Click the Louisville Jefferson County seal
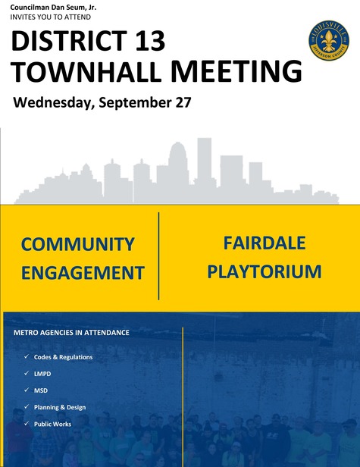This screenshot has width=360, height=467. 329,40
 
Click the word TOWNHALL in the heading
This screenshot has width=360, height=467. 87,72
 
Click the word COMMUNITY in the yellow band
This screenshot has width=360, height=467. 78,244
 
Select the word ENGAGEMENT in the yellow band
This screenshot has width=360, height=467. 83,273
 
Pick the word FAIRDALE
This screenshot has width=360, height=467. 265,243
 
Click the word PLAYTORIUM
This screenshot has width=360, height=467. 265,271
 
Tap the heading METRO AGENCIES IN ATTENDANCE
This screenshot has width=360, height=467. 71,332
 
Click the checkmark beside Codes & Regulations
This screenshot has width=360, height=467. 27,356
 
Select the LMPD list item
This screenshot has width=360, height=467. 42,374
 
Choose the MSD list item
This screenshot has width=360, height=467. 41,390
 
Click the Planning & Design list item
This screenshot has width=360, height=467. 60,407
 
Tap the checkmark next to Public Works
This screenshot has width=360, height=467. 27,423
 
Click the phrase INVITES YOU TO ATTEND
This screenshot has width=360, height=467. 50,17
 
